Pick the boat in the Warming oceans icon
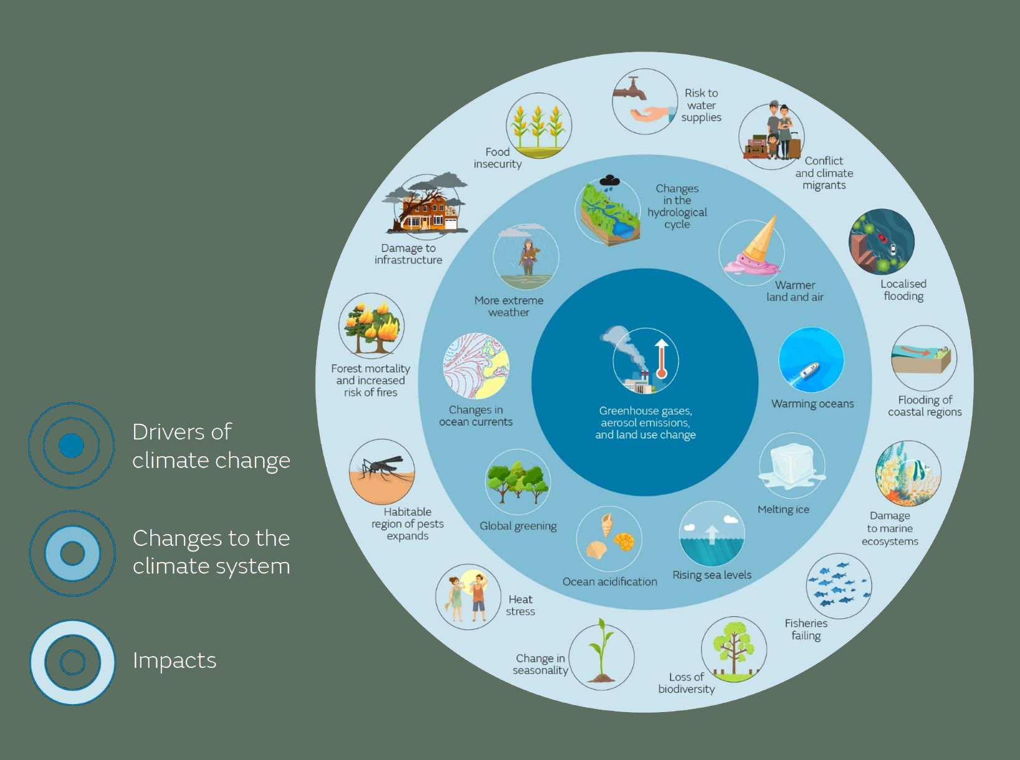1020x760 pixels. coord(809,370)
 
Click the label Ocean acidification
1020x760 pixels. coord(609,582)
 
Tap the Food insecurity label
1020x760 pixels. coord(497,157)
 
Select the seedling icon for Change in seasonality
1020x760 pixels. coord(601,650)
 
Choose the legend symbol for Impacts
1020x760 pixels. coord(72,662)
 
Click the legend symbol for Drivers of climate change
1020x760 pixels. coord(71,446)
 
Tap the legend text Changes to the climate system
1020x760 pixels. coord(211,552)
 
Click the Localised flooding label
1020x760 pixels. coord(903,290)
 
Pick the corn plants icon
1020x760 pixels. coord(538,126)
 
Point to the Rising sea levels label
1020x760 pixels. coord(712,575)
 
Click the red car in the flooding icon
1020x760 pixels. coord(882,238)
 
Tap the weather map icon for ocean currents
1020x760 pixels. coord(476,366)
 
